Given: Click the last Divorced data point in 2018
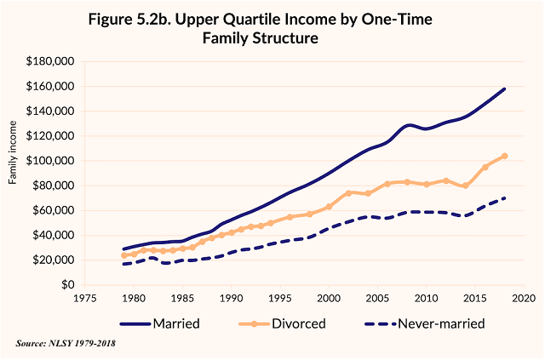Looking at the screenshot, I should [504, 156].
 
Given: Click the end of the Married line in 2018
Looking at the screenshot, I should [504, 89].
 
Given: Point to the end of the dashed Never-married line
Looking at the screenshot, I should [504, 198].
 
